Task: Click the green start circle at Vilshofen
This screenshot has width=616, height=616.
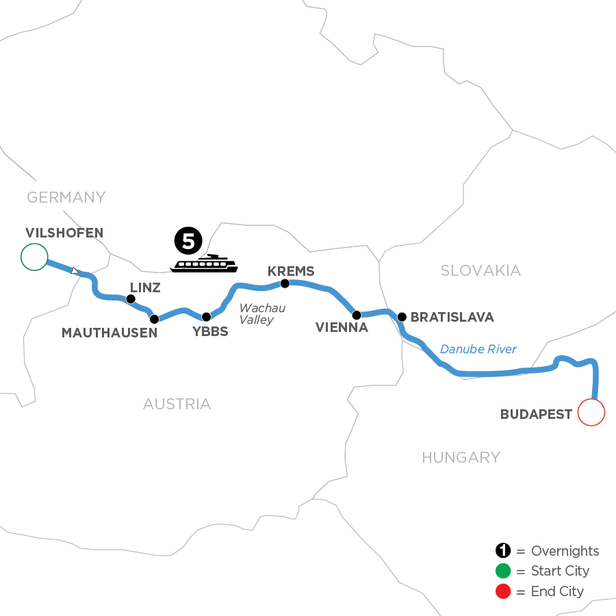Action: pyautogui.click(x=34, y=257)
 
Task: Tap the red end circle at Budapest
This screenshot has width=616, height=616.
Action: pyautogui.click(x=592, y=413)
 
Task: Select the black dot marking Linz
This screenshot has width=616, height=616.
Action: pyautogui.click(x=130, y=298)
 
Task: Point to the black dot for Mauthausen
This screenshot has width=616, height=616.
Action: pyautogui.click(x=154, y=319)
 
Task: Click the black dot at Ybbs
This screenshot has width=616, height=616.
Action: pyautogui.click(x=206, y=317)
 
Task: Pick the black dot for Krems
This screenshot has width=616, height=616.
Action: pyautogui.click(x=285, y=283)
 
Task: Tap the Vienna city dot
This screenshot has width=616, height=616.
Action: pyautogui.click(x=356, y=315)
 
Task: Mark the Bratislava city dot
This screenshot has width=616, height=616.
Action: pyautogui.click(x=402, y=317)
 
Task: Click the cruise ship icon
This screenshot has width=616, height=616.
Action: pyautogui.click(x=203, y=264)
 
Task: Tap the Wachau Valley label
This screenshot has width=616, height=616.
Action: pyautogui.click(x=261, y=314)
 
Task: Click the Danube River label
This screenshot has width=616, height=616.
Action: pyautogui.click(x=478, y=350)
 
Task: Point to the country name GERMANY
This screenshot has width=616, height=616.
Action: pyautogui.click(x=66, y=198)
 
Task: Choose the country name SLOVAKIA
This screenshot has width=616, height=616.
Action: pyautogui.click(x=480, y=271)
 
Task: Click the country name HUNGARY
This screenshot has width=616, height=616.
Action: pyautogui.click(x=461, y=457)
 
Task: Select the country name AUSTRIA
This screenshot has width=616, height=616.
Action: pyautogui.click(x=177, y=405)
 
